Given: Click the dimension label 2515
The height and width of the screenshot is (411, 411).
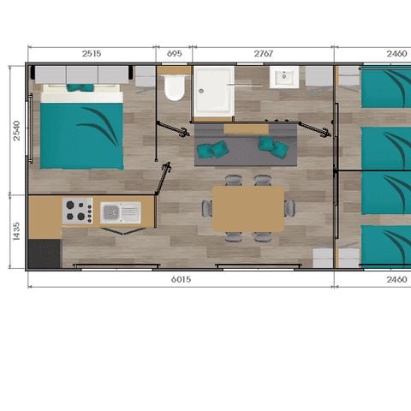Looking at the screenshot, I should pyautogui.click(x=91, y=53).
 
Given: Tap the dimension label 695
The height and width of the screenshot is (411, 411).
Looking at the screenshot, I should pyautogui.click(x=175, y=53).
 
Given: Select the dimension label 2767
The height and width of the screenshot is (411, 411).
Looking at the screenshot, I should pyautogui.click(x=263, y=53).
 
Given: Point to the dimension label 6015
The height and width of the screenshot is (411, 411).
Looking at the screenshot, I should pyautogui.click(x=181, y=279).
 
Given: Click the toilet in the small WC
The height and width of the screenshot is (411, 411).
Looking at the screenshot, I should pyautogui.click(x=175, y=86).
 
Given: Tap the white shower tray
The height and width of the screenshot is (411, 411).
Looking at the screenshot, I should pyautogui.click(x=212, y=92).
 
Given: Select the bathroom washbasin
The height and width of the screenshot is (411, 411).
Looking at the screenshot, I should pyautogui.click(x=284, y=79).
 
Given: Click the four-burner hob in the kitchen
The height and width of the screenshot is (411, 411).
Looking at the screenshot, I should pyautogui.click(x=78, y=211).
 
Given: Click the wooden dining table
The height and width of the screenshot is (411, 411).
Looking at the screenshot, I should pyautogui.click(x=248, y=208).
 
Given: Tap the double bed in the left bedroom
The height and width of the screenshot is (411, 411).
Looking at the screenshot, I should pyautogui.click(x=82, y=128).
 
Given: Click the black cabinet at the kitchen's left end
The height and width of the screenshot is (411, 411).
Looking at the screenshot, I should pyautogui.click(x=45, y=253).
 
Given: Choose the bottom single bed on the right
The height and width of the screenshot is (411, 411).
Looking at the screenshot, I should pyautogui.click(x=385, y=247).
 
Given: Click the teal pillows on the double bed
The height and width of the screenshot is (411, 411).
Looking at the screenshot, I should pyautogui.click(x=80, y=87).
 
